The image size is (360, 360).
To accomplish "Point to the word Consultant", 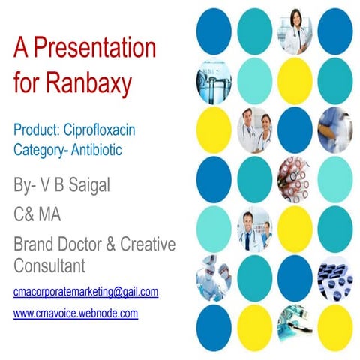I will [x=49, y=265].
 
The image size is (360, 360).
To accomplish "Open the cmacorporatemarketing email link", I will [x=85, y=291].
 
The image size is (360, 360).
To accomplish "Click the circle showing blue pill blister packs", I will [x=335, y=274].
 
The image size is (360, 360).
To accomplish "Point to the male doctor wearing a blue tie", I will [x=254, y=225].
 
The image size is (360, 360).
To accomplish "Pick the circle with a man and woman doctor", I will [x=254, y=127].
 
